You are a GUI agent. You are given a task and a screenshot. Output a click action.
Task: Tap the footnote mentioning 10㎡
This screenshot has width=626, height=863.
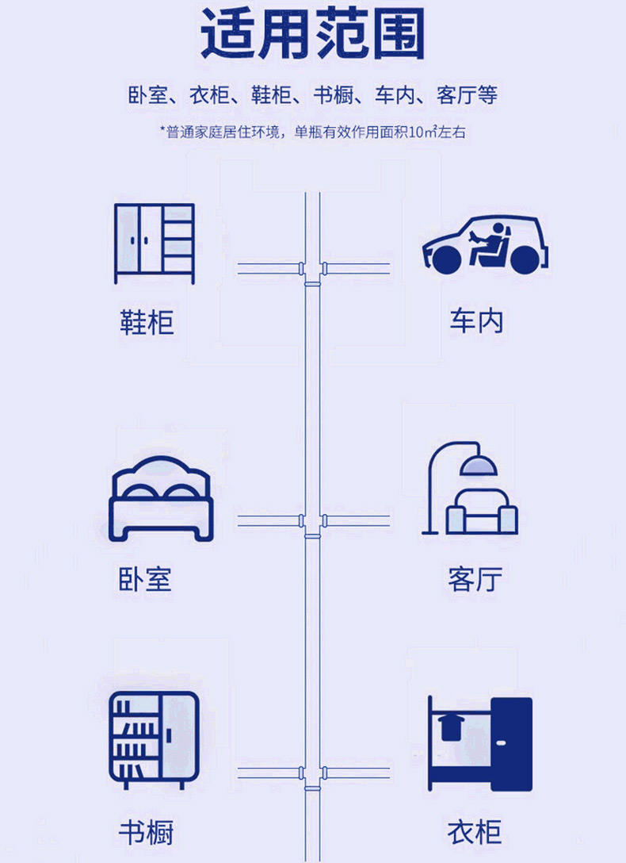click(x=312, y=132)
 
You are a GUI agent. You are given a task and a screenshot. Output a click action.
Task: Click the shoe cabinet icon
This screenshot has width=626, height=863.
click(x=154, y=243)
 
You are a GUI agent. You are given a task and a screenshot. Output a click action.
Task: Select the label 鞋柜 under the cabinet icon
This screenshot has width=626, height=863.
click(x=147, y=322)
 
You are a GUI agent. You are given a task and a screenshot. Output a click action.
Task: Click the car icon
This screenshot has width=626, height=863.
click(x=485, y=244)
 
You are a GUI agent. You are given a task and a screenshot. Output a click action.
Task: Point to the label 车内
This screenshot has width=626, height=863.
click(x=476, y=322)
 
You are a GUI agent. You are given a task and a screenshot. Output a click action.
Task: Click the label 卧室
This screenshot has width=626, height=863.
click(x=145, y=579)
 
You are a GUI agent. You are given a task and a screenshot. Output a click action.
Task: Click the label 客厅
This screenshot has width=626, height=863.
click(x=475, y=579)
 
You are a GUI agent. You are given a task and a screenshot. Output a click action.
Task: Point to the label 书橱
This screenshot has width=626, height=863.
click(x=146, y=833)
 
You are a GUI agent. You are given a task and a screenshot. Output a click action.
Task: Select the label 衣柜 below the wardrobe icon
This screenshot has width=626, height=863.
click(x=475, y=833)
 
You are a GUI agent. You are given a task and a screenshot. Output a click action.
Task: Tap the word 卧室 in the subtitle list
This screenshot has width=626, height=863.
click(x=148, y=96)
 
